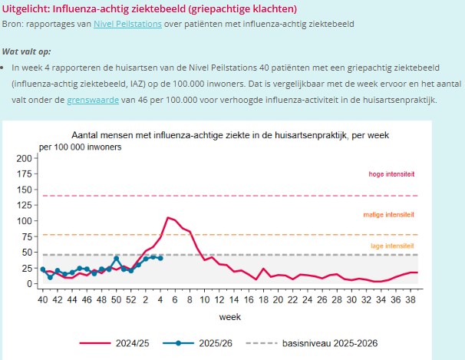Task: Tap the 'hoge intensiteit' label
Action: tap(391, 175)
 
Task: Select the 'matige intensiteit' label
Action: tap(388, 215)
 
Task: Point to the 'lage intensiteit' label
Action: tap(392, 246)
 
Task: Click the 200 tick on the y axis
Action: tap(27, 158)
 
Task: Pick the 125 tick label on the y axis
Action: tap(27, 205)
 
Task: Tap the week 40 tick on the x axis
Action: tap(43, 299)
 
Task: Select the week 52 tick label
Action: tap(130, 299)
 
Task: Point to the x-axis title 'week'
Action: tap(229, 315)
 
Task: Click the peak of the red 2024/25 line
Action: tap(167, 218)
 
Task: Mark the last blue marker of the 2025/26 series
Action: tap(160, 258)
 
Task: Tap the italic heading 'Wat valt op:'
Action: tap(25, 52)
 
